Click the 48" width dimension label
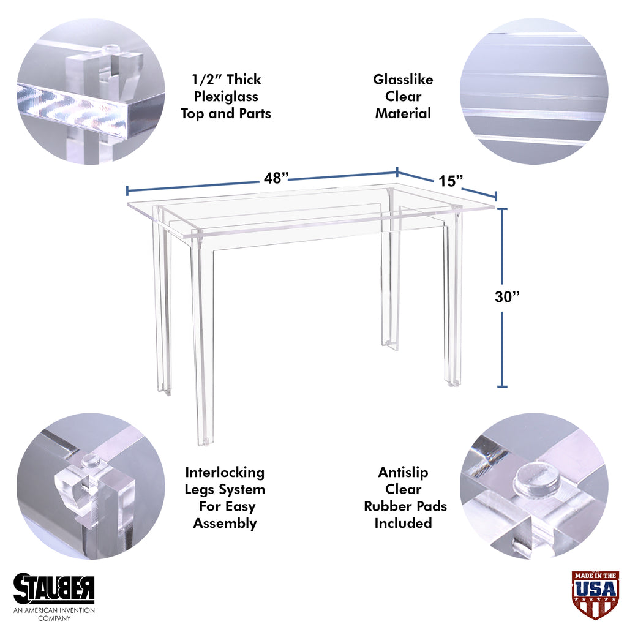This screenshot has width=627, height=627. pyautogui.click(x=276, y=178)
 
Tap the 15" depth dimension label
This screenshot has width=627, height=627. pyautogui.click(x=451, y=181)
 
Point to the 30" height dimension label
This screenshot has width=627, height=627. pyautogui.click(x=507, y=297)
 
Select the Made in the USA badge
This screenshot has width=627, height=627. pyautogui.click(x=595, y=595)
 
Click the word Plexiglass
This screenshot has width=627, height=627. pyautogui.click(x=226, y=97)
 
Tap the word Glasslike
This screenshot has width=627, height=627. pyautogui.click(x=403, y=79)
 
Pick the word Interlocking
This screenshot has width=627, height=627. pyautogui.click(x=225, y=473)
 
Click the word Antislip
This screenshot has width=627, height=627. pyautogui.click(x=403, y=472)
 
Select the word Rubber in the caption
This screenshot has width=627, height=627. pyautogui.click(x=387, y=506)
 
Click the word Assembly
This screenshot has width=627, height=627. pyautogui.click(x=225, y=524)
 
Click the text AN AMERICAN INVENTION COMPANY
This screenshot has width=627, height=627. pyautogui.click(x=54, y=614)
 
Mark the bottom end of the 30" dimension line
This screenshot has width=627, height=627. pyautogui.click(x=502, y=387)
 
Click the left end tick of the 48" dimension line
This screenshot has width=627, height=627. pyautogui.click(x=127, y=190)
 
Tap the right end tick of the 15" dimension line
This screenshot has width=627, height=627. pyautogui.click(x=496, y=197)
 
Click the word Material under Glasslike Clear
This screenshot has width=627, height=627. pyautogui.click(x=403, y=113)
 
